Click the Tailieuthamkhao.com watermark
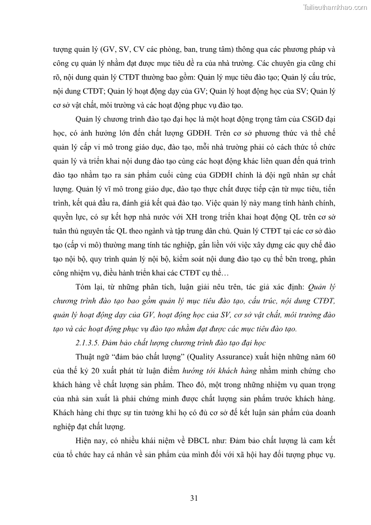335,7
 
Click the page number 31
194,498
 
